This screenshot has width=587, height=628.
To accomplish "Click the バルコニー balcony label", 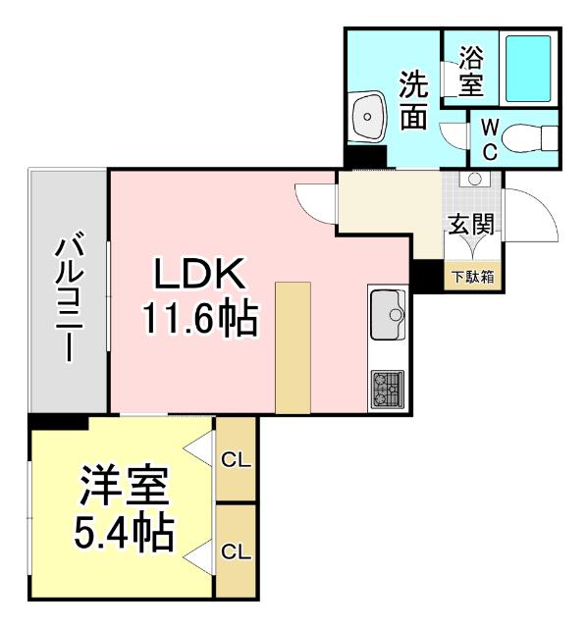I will [x=68, y=295].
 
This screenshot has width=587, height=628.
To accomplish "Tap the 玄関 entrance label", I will [x=471, y=225].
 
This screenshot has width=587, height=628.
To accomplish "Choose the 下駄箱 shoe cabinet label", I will [x=472, y=277].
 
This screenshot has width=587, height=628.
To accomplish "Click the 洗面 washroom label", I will [x=413, y=98].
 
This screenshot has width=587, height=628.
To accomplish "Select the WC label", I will [x=489, y=140].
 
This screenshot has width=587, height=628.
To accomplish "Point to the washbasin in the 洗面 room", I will [x=367, y=117].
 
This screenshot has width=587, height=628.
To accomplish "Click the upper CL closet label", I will [x=234, y=458].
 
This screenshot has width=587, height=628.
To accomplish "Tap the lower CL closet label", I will [x=234, y=551].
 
